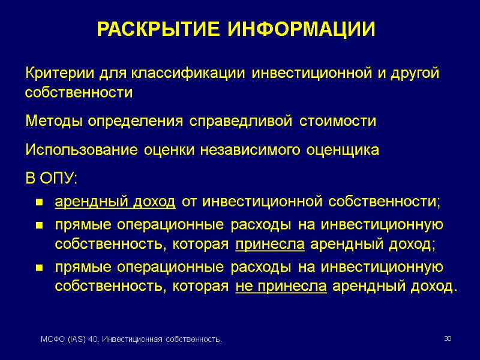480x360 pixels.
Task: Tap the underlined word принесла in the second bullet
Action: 270,245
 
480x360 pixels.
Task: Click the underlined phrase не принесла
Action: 281,287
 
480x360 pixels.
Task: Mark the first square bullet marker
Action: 38,203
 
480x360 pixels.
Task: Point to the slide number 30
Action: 447,340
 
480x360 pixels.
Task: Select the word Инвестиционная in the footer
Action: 130,341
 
